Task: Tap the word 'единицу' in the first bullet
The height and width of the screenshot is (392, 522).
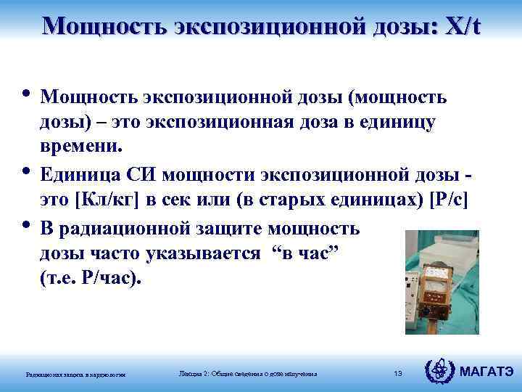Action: pyautogui.click(x=402, y=123)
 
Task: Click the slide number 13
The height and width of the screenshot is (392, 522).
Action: pyautogui.click(x=397, y=373)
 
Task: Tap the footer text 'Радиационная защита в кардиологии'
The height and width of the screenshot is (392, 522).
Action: pyautogui.click(x=75, y=375)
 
